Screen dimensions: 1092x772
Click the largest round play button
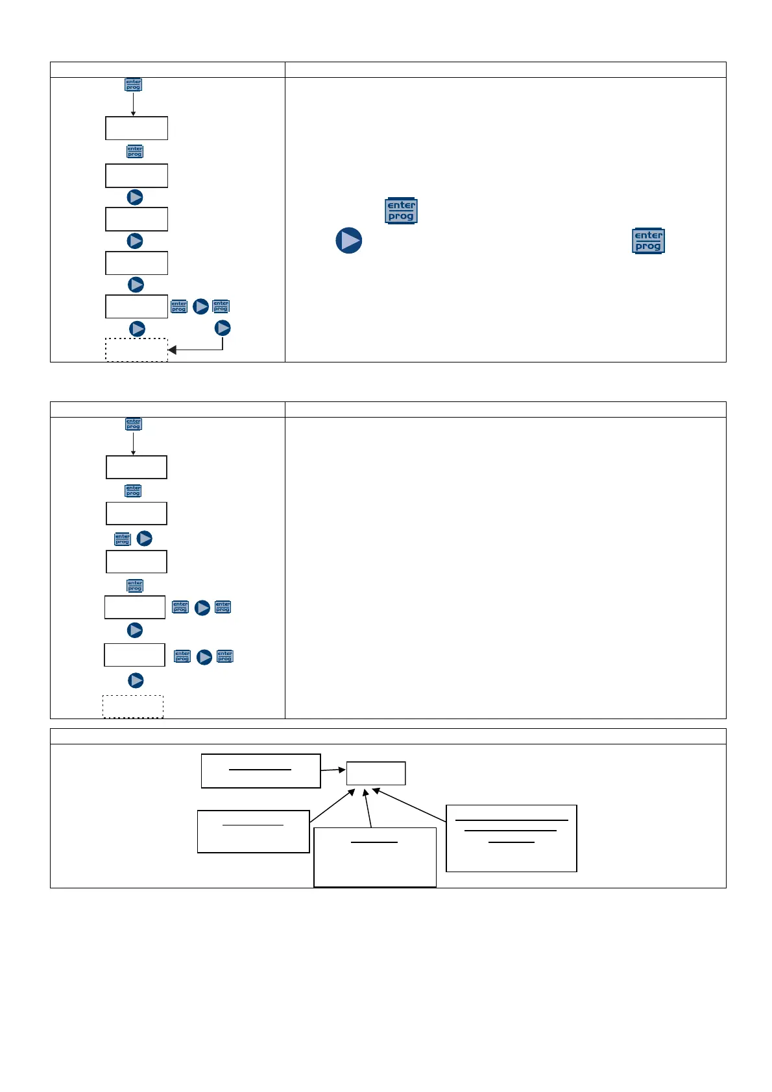[x=348, y=241]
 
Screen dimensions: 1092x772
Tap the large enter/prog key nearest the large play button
[x=401, y=211]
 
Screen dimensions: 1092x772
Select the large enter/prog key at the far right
[x=648, y=241]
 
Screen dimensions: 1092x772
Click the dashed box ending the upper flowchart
[x=137, y=350]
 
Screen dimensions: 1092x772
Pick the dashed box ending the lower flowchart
[x=133, y=707]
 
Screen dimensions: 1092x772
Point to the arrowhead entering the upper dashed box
[x=172, y=350]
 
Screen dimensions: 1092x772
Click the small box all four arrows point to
[x=376, y=773]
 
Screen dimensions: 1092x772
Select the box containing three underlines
[x=511, y=838]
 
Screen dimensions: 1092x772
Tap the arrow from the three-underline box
[x=409, y=805]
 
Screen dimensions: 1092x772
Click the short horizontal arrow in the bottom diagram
[x=333, y=770]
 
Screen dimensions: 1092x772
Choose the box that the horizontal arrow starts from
[x=261, y=771]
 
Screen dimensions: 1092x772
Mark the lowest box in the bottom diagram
[x=375, y=857]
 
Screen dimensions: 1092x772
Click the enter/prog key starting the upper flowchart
[x=133, y=85]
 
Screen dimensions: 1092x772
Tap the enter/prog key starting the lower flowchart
[x=133, y=424]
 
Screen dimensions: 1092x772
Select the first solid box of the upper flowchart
[x=136, y=128]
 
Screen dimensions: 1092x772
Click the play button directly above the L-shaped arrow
[x=223, y=328]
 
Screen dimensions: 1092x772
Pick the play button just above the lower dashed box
[x=136, y=680]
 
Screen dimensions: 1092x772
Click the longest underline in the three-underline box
[x=511, y=821]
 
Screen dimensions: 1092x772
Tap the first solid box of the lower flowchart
[x=136, y=467]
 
